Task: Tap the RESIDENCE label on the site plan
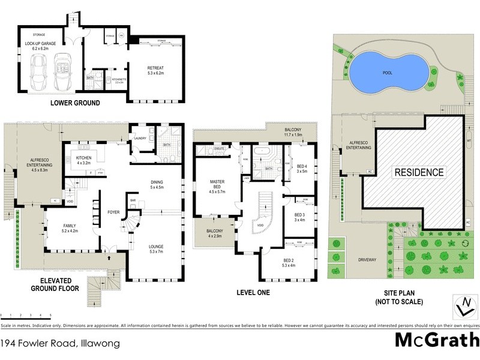(419, 173)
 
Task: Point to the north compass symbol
(463, 305)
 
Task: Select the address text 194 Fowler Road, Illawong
(60, 344)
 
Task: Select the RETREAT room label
(155, 68)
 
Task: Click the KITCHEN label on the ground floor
(82, 159)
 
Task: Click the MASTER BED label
(217, 184)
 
